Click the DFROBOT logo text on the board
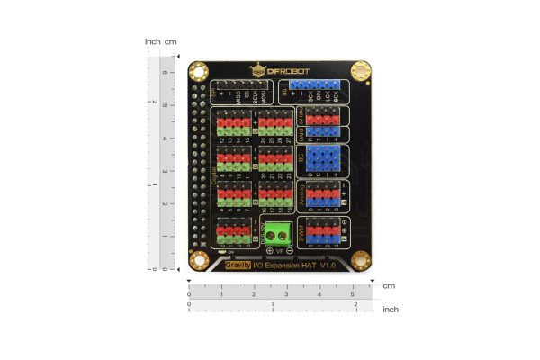[x=281, y=69]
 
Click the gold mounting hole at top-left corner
[x=198, y=70]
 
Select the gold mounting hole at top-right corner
[x=362, y=70]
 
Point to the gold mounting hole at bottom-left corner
[x=198, y=262]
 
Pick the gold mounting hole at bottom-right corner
[x=362, y=261]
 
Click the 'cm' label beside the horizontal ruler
[x=389, y=285]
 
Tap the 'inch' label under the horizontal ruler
[x=391, y=309]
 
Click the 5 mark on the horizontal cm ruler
[x=352, y=294]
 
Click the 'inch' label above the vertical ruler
[x=152, y=41]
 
